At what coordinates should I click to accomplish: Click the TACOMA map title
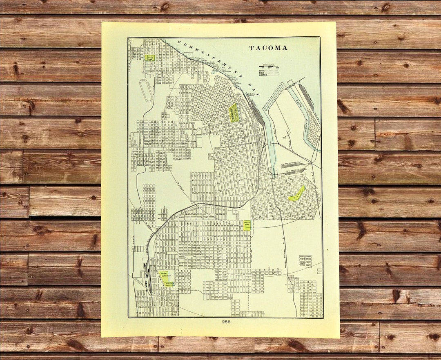click(268, 48)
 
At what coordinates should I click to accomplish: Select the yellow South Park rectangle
click(246, 225)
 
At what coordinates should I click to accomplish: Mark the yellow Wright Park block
click(234, 113)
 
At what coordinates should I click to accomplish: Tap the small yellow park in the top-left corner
click(149, 58)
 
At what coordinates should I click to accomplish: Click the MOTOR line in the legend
click(269, 71)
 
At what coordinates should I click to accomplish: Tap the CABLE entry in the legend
click(269, 73)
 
